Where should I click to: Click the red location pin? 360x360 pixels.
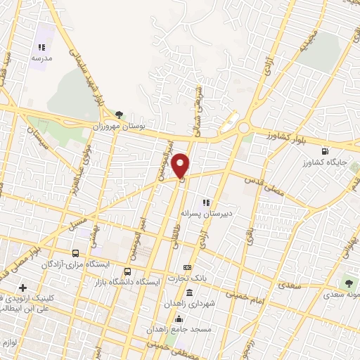[181, 165]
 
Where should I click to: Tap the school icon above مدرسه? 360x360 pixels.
[41, 47]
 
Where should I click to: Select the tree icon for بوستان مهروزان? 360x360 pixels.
[119, 114]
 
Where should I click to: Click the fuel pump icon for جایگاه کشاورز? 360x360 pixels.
[324, 150]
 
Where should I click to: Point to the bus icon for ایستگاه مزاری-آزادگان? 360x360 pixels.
[75, 253]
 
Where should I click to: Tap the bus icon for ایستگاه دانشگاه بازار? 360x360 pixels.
[127, 271]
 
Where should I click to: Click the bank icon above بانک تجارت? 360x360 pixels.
[187, 268]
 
